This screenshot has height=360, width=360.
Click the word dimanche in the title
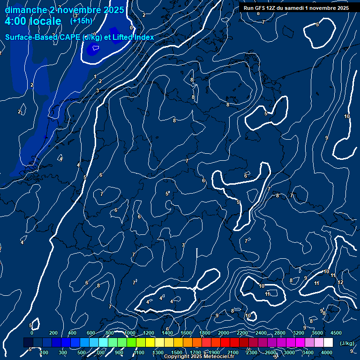click(23, 10)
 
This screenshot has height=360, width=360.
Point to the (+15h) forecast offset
click(81, 21)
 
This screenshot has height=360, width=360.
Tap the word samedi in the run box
click(294, 8)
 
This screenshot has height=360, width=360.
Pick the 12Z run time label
click(271, 8)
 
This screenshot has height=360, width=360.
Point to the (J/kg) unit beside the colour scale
click(346, 344)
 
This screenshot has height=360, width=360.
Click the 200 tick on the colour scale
click(53, 333)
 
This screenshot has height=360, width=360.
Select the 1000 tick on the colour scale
click(130, 333)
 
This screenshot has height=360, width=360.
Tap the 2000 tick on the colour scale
click(224, 333)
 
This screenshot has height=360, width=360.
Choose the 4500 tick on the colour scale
click(336, 333)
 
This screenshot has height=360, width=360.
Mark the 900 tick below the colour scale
click(119, 352)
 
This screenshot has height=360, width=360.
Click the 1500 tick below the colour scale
click(176, 352)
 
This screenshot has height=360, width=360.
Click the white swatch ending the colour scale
click(329, 343)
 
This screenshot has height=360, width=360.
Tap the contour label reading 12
click(340, 282)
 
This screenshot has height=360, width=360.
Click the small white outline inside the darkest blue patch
click(95, 47)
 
